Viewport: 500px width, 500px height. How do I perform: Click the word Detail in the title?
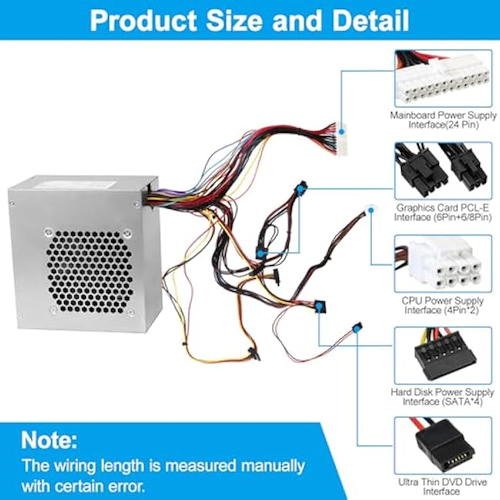pyautogui.click(x=371, y=20)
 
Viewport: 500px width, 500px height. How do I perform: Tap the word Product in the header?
pyautogui.click(x=144, y=20)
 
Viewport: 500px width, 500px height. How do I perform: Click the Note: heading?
pyautogui.click(x=49, y=440)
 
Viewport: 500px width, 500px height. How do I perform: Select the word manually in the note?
pyautogui.click(x=272, y=465)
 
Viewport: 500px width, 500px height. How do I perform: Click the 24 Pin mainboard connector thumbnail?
pyautogui.click(x=443, y=78)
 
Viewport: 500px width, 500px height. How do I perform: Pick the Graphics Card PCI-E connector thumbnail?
pyautogui.click(x=443, y=171)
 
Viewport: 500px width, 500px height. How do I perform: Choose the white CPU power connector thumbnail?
pyautogui.click(x=443, y=264)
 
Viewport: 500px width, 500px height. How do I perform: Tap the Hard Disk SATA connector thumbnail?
pyautogui.click(x=443, y=355)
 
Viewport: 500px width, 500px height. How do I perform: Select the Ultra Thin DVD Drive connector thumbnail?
pyautogui.click(x=443, y=445)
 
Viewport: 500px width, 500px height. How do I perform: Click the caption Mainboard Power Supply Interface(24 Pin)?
pyautogui.click(x=443, y=119)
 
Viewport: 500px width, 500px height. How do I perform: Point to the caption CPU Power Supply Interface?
pyautogui.click(x=442, y=305)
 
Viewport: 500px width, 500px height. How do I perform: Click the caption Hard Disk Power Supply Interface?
pyautogui.click(x=442, y=397)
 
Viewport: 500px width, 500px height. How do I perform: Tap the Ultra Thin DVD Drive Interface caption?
pyautogui.click(x=442, y=487)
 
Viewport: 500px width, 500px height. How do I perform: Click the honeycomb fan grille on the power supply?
pyautogui.click(x=89, y=271)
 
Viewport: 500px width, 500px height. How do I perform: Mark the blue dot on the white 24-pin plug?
pyautogui.click(x=342, y=132)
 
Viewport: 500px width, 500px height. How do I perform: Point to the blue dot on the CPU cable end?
pyautogui.click(x=371, y=210)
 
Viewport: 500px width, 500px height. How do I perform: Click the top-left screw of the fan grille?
pyautogui.click(x=48, y=232)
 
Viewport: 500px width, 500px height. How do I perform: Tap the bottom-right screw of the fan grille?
pyautogui.click(x=129, y=312)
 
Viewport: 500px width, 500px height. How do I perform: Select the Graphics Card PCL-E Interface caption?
pyautogui.click(x=442, y=212)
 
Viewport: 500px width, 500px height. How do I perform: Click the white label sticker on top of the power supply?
pyautogui.click(x=75, y=185)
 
